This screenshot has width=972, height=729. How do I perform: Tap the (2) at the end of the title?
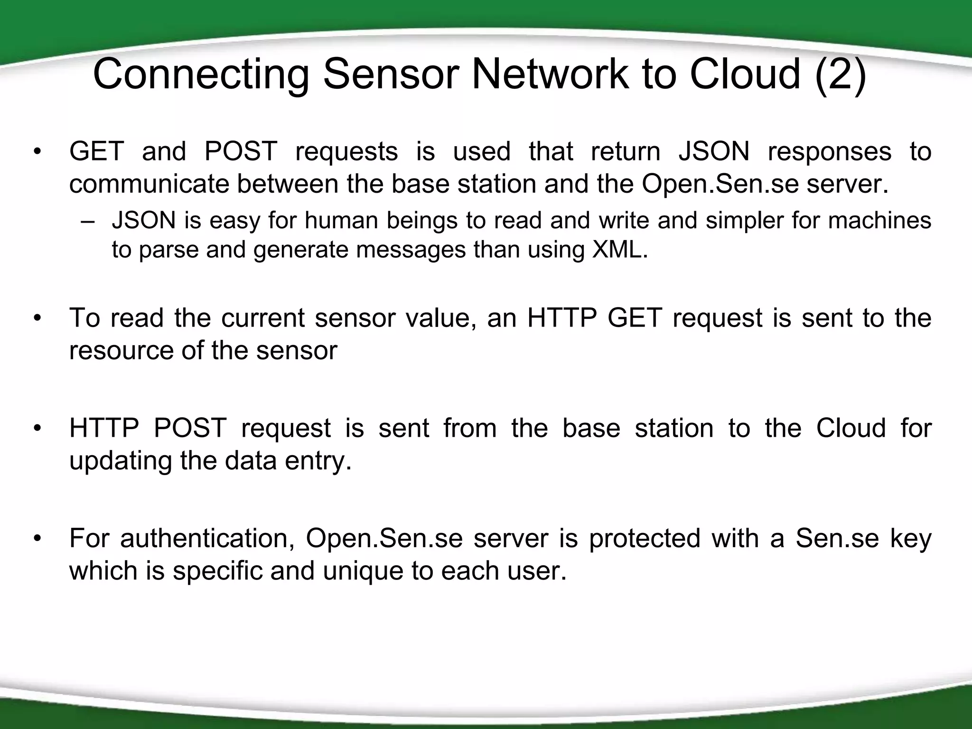pyautogui.click(x=841, y=74)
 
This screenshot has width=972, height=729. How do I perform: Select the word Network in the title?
pyautogui.click(x=550, y=74)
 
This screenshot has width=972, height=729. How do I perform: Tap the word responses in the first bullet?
pyautogui.click(x=830, y=152)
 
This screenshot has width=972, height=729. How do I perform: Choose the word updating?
pyautogui.click(x=121, y=461)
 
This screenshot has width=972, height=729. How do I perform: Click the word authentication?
pyautogui.click(x=207, y=538)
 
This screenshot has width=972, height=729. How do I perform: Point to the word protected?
pyautogui.click(x=645, y=538)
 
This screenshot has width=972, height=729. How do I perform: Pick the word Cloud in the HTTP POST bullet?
pyautogui.click(x=851, y=428)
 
